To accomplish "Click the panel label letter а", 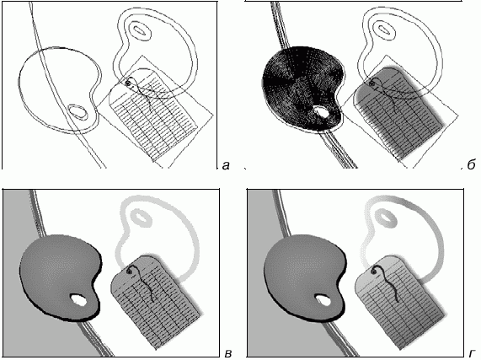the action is [x=226, y=166].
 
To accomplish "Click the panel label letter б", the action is [x=472, y=164].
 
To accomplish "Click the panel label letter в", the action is [x=227, y=353].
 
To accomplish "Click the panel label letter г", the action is [x=472, y=353].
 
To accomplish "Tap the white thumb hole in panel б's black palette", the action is [x=321, y=112].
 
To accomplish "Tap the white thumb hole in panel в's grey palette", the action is [x=79, y=300].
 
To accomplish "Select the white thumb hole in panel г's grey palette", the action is [x=323, y=300].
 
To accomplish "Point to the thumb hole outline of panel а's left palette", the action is [x=78, y=112].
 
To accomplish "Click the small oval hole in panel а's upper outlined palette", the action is [x=140, y=30].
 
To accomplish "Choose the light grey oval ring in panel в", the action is [x=141, y=218].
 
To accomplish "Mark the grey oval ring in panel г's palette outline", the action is [x=386, y=218].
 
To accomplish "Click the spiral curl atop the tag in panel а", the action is [x=128, y=83].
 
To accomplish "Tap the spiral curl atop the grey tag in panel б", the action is [x=372, y=83].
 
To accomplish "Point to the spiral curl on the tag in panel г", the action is [x=374, y=271].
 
